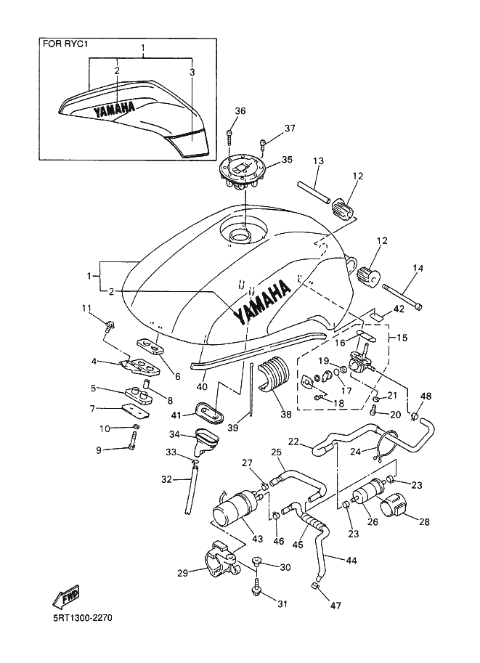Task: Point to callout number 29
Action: click(x=183, y=573)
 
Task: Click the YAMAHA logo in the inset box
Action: click(x=115, y=109)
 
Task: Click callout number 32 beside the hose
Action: click(x=166, y=479)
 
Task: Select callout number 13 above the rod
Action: click(x=318, y=160)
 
